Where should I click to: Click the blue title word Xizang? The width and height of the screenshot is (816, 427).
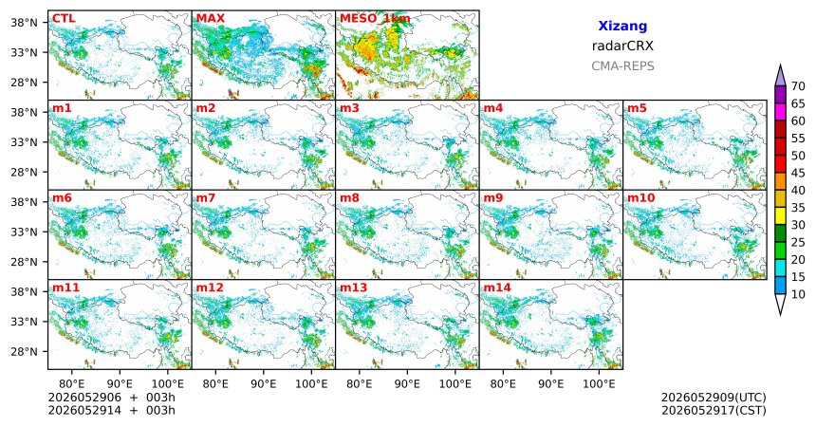click(x=622, y=26)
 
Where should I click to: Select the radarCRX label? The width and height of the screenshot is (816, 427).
click(x=622, y=46)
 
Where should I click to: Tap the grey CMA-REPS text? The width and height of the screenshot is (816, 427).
click(x=622, y=66)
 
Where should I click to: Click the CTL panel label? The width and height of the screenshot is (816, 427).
click(x=64, y=19)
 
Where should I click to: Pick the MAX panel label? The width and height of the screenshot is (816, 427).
click(x=211, y=19)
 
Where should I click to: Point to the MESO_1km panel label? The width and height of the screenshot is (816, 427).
click(x=375, y=19)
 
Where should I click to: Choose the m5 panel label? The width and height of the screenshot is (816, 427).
click(x=637, y=108)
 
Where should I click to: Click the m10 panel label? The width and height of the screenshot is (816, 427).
click(x=640, y=198)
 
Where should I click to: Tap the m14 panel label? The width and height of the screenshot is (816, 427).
click(x=497, y=288)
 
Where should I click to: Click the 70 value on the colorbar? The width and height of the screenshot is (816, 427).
click(x=798, y=86)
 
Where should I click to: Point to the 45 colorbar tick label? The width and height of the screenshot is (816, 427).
click(x=798, y=173)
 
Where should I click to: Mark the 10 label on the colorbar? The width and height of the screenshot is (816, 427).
click(x=798, y=295)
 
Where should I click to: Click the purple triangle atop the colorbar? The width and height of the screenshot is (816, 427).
click(x=780, y=76)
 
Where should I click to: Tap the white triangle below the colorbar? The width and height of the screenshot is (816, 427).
click(x=780, y=304)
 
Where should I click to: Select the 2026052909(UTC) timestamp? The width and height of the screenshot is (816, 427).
click(x=714, y=398)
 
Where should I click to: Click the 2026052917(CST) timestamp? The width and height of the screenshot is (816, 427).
click(x=714, y=411)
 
